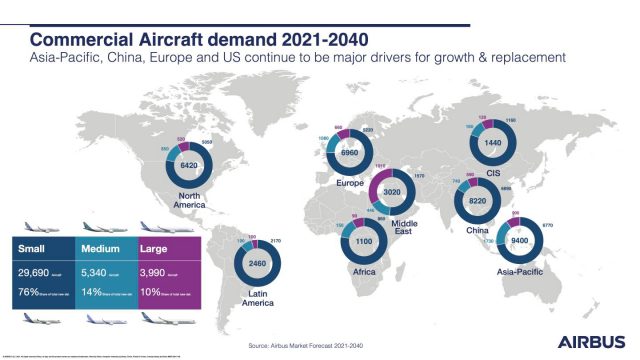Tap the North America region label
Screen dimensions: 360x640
click(x=159, y=201)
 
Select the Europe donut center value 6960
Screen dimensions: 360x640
click(x=356, y=158)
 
